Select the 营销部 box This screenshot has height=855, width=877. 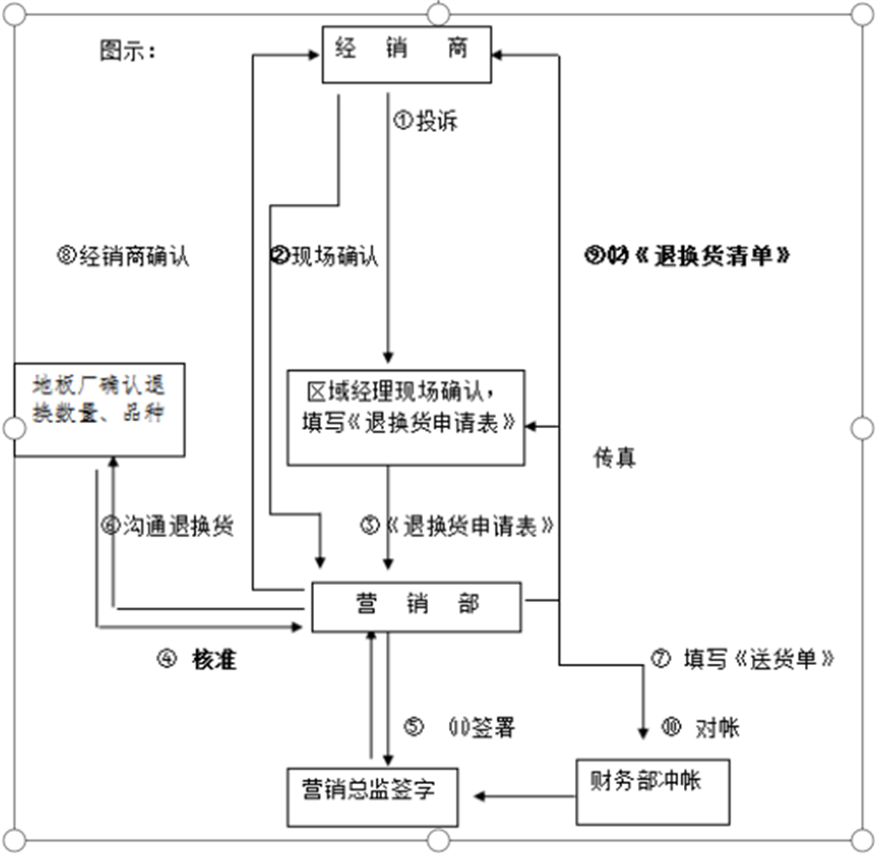point(416,605)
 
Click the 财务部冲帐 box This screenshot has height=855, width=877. point(652,789)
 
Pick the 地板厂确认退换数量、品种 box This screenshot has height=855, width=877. point(100,408)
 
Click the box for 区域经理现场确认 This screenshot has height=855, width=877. point(405,416)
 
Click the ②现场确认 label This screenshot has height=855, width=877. point(324,256)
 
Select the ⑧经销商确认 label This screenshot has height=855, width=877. point(124,256)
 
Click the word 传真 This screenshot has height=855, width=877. point(614,456)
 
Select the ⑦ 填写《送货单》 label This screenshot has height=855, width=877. point(743,658)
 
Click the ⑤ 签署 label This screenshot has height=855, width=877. point(460,727)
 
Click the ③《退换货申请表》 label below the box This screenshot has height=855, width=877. point(456,526)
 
